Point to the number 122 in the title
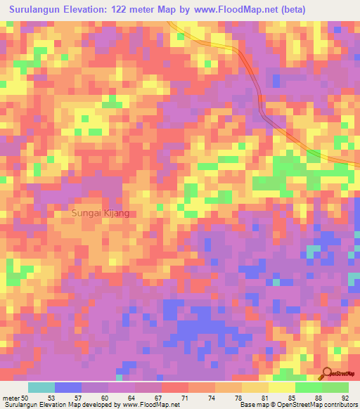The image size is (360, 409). click(x=134, y=10)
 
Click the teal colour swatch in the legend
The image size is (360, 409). click(x=41, y=387)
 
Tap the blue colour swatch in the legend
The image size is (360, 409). click(x=68, y=387)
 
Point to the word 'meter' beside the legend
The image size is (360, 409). click(x=12, y=398)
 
